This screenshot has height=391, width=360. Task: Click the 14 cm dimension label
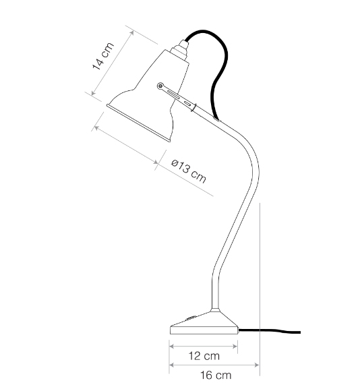pyautogui.click(x=103, y=57)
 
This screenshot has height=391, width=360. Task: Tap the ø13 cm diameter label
pyautogui.click(x=189, y=171)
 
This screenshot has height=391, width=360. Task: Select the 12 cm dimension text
pyautogui.click(x=204, y=356)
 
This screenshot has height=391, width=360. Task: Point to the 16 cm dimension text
pyautogui.click(x=216, y=375)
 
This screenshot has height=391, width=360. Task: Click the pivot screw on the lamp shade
pyautogui.click(x=160, y=86)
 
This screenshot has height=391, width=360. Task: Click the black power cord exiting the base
pyautogui.click(x=270, y=331)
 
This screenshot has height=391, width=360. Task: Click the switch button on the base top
pyautogui.click(x=191, y=318)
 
